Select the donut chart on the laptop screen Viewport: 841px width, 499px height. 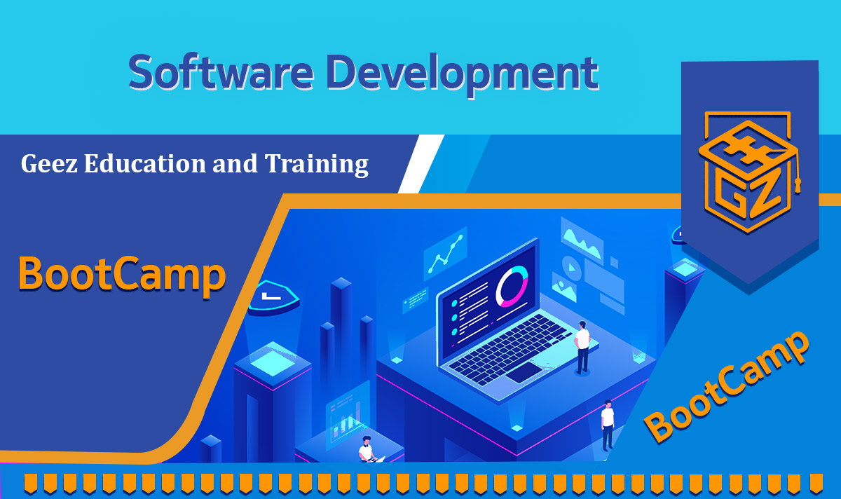tap(511, 287)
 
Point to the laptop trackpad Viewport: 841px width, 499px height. tap(524, 372)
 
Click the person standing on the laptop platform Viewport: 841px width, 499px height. tap(582, 346)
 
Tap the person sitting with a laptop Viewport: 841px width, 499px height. tap(367, 450)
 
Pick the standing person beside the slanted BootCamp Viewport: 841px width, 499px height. tap(607, 425)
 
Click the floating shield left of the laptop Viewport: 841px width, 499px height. tap(274, 297)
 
